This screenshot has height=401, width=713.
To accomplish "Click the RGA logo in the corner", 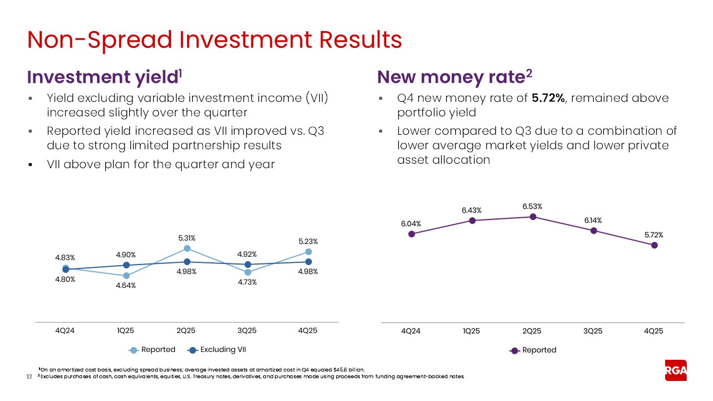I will pyautogui.click(x=676, y=370).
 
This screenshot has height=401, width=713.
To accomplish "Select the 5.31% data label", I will pyautogui.click(x=187, y=238).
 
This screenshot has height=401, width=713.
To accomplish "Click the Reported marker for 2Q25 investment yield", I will pyautogui.click(x=187, y=248).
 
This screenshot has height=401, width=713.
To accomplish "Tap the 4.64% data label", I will pyautogui.click(x=126, y=286).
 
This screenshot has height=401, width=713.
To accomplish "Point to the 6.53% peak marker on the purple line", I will pyautogui.click(x=533, y=217).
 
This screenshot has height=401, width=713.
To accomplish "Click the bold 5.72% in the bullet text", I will pyautogui.click(x=548, y=98).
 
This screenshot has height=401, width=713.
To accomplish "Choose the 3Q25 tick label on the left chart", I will pyautogui.click(x=247, y=330).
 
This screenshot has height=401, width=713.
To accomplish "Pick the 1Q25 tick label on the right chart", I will pyautogui.click(x=471, y=330).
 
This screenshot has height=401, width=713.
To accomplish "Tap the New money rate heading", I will pyautogui.click(x=452, y=77).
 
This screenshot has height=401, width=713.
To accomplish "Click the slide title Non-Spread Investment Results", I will pyautogui.click(x=214, y=40).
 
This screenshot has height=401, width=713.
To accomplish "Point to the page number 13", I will pyautogui.click(x=30, y=377).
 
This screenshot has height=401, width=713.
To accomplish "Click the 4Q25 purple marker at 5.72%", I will pyautogui.click(x=655, y=245).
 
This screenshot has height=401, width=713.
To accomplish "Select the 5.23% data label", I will pyautogui.click(x=308, y=241).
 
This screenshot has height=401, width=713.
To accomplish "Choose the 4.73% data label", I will pyautogui.click(x=247, y=282).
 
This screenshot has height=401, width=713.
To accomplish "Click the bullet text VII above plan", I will pyautogui.click(x=160, y=165).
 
